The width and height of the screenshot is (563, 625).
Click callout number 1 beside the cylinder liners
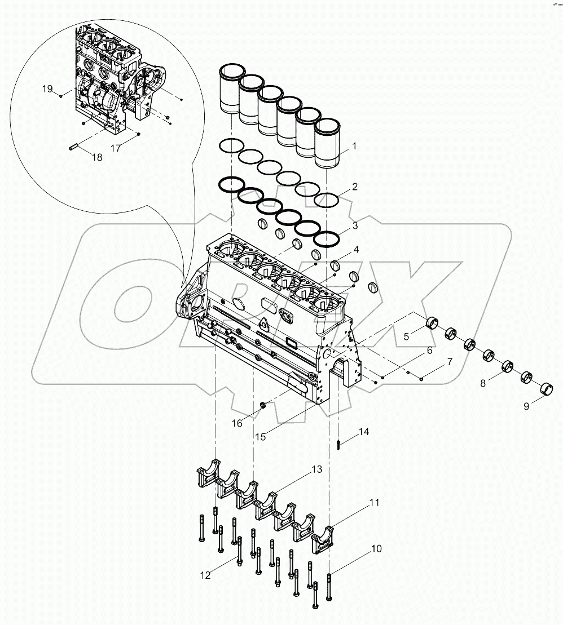coord(355,147)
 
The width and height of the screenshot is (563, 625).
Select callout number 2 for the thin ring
coord(355,187)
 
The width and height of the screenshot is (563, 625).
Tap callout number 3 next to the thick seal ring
coord(355,226)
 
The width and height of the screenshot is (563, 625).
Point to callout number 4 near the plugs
coord(355,249)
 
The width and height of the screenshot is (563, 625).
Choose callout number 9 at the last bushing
coord(526,406)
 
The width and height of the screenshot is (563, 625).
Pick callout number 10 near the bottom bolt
coord(376,548)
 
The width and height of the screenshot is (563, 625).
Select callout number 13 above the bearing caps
coord(316,469)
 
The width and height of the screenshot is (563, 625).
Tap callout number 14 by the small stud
coord(364,432)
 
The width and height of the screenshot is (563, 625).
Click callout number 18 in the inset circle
coord(97,157)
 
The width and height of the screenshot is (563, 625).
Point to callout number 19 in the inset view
coord(47,89)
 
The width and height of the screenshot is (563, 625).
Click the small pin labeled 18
coord(73,148)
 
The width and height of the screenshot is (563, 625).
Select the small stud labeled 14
coord(337,445)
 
